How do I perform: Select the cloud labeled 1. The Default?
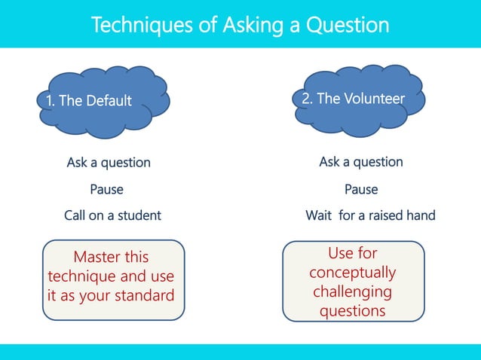click(102, 100)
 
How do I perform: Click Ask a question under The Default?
click(109, 163)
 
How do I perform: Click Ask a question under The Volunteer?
click(360, 162)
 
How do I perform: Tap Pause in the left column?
click(106, 189)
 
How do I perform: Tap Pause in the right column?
click(361, 189)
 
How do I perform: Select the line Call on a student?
click(112, 215)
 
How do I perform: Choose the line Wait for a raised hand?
click(369, 215)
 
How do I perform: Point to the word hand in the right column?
click(420, 215)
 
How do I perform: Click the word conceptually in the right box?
click(352, 272)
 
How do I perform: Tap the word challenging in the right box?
click(352, 291)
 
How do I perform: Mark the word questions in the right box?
click(352, 310)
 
